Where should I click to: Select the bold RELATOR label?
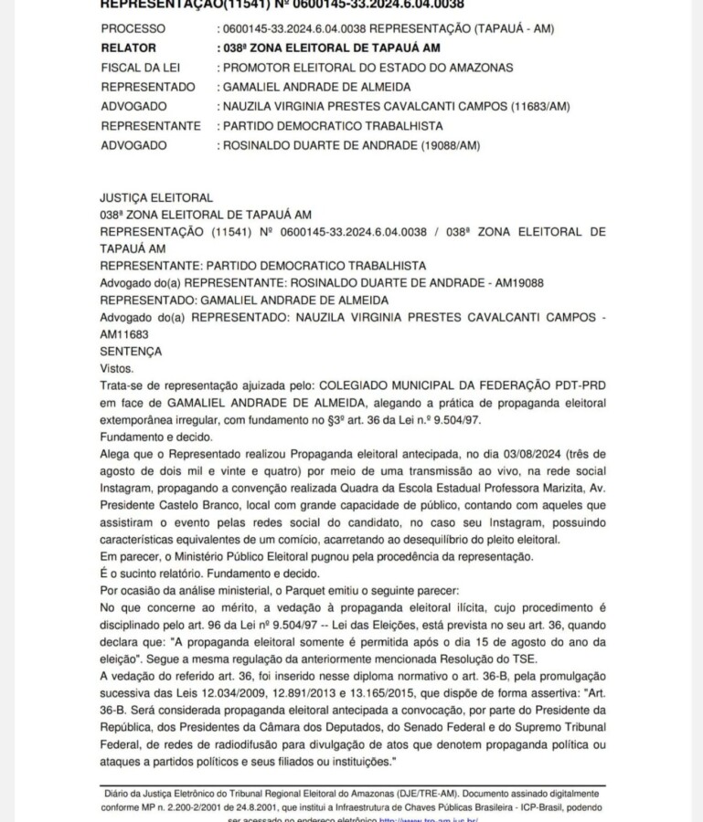pos(129,48)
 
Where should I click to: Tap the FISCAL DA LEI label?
pos(139,68)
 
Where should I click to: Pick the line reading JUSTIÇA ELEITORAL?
pos(156,197)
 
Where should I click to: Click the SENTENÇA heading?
pos(132,351)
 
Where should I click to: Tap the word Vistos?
pos(116,367)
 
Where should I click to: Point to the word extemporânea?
pos(140,420)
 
